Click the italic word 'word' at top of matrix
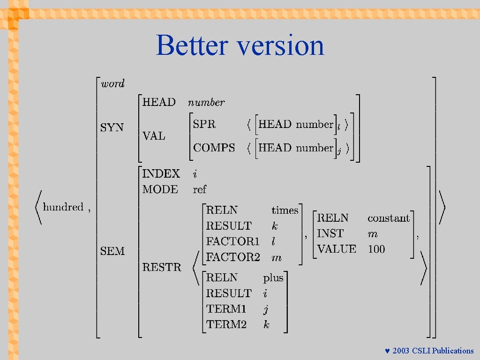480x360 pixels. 113,84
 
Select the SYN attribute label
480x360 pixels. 112,127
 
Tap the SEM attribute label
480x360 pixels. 112,251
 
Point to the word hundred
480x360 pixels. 63,207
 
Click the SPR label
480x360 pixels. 205,124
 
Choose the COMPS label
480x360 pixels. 214,148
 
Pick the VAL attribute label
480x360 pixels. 154,136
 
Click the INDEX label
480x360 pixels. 161,173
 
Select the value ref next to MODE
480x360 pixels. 199,189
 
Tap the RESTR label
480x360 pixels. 162,267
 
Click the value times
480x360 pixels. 285,210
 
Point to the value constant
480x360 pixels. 389,218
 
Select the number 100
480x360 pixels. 376,249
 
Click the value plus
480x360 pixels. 273,278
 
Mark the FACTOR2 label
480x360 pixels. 233,257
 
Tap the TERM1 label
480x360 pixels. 226,309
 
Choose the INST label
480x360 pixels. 330,233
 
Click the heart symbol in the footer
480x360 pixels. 387,351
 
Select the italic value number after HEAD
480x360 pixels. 206,102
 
